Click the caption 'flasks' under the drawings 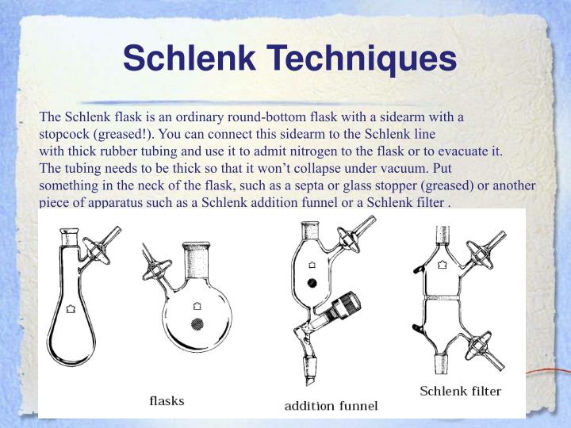pos(167,400)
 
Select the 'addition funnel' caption pos(331,406)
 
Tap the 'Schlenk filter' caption pos(460,391)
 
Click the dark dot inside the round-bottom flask pos(198,323)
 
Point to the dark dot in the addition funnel pos(312,282)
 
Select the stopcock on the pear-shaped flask pos(101,246)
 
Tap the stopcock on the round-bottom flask pos(155,266)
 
